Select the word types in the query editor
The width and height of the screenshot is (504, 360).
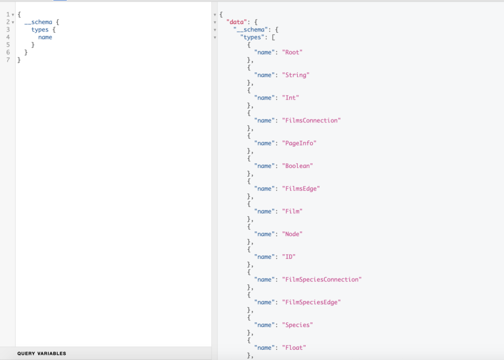tap(40, 29)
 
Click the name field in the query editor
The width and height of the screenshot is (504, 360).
tap(45, 37)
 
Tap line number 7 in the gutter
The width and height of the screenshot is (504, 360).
tap(8, 60)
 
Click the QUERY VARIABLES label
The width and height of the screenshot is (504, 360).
tap(42, 353)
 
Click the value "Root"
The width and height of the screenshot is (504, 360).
tap(292, 52)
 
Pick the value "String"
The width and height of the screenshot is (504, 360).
tap(296, 75)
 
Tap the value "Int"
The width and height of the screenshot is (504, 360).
tap(290, 98)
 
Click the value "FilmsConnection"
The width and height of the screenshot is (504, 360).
tap(311, 120)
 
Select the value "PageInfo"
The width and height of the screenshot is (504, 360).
tap(299, 143)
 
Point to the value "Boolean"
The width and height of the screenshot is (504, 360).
tap(297, 166)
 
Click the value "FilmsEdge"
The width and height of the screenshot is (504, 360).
tap(301, 189)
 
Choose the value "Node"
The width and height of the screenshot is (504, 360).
tap(292, 234)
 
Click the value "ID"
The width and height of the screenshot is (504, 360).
tap(289, 257)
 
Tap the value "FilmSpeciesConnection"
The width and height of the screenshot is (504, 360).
tap(322, 280)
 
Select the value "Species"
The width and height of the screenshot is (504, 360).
tap(297, 325)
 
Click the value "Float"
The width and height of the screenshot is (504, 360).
tap(294, 347)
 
